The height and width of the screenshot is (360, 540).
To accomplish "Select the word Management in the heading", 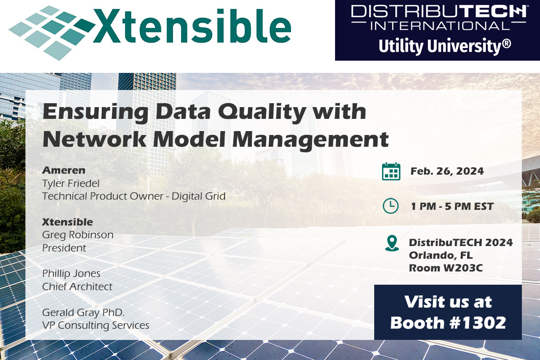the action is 310,139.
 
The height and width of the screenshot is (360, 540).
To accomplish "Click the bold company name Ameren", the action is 64,170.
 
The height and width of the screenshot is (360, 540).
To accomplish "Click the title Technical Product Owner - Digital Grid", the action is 134,196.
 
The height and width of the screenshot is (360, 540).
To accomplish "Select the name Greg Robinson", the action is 77,235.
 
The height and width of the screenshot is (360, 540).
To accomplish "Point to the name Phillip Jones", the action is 71,274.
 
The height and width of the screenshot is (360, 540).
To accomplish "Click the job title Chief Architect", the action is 77,287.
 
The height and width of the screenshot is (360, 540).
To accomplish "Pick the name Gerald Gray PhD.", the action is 83,313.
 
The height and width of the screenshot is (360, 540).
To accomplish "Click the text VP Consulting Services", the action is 95,326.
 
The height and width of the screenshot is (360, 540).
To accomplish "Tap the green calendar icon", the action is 391,171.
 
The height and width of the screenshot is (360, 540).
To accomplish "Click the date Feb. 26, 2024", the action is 447,171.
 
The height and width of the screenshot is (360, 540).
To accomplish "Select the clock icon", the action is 390,206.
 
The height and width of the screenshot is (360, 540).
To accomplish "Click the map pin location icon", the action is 392,243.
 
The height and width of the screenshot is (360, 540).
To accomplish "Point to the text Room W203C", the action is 446,268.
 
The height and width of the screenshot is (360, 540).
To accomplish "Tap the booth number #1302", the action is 476,323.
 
